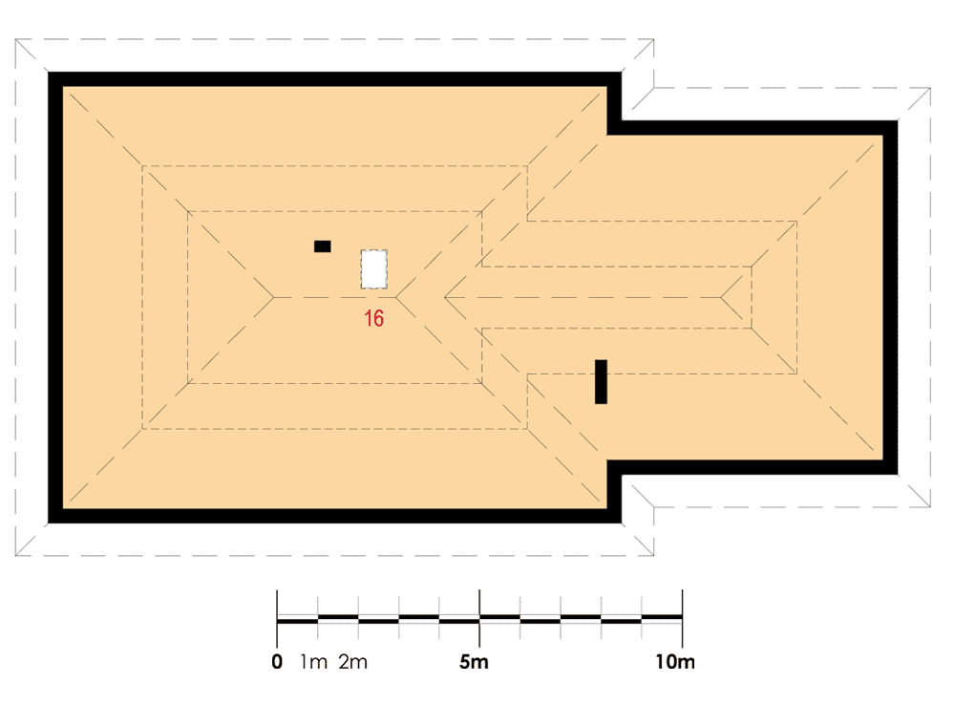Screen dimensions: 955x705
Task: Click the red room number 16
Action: tap(374, 318)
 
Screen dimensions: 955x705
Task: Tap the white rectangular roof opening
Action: tap(374, 268)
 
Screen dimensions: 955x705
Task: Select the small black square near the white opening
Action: tap(322, 246)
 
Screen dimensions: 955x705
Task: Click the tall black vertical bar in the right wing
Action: tap(601, 381)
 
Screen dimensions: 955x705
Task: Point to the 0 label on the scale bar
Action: tap(277, 662)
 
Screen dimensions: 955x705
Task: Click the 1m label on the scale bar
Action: tap(313, 662)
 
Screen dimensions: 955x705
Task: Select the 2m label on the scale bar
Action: tap(353, 662)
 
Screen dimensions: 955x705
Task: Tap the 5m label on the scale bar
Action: tap(474, 662)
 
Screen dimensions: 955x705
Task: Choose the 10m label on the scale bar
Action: tap(675, 662)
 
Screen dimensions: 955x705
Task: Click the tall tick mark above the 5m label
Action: tap(479, 618)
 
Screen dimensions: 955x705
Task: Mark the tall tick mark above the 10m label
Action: tap(682, 618)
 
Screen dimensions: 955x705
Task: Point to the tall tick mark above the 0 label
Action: tap(277, 618)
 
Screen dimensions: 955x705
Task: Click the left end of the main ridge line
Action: tap(273, 297)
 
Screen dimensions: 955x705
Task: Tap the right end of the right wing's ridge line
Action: tap(721, 297)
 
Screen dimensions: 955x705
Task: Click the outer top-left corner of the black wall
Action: tap(48, 72)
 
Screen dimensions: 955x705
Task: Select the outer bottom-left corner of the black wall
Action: tap(48, 523)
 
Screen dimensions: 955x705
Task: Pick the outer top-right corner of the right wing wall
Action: tap(898, 120)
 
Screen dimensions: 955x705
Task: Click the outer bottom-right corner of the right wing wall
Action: tap(898, 474)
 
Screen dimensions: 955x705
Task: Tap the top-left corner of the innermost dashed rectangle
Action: tap(187, 211)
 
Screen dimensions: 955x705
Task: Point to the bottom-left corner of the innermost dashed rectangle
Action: tap(187, 383)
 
